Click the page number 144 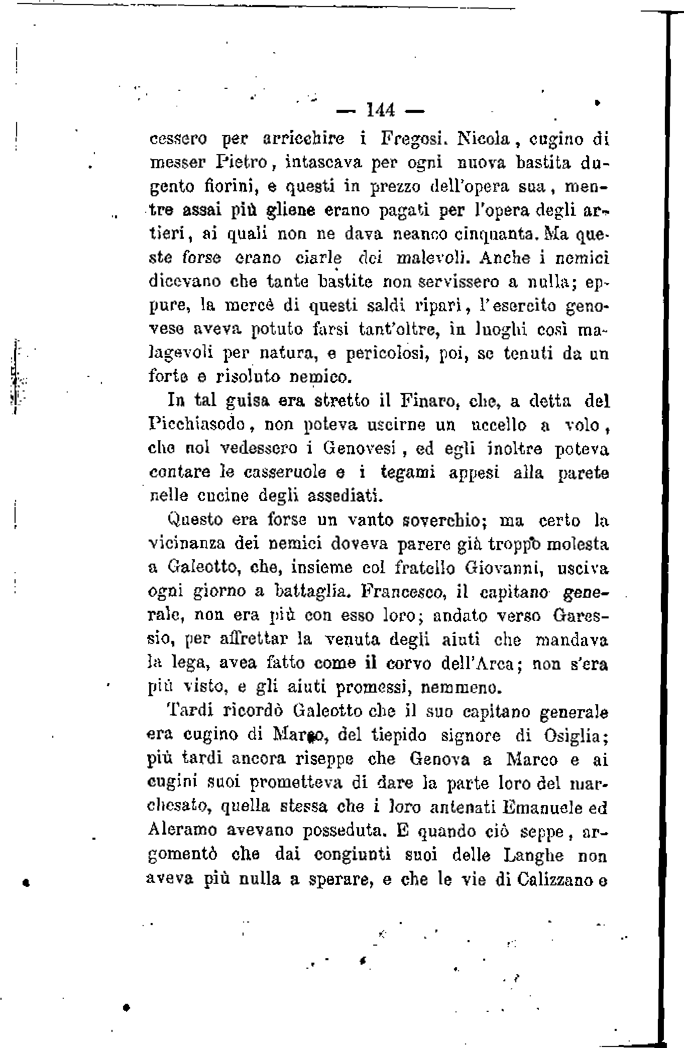coord(382,109)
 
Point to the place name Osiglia coord(576,735)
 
